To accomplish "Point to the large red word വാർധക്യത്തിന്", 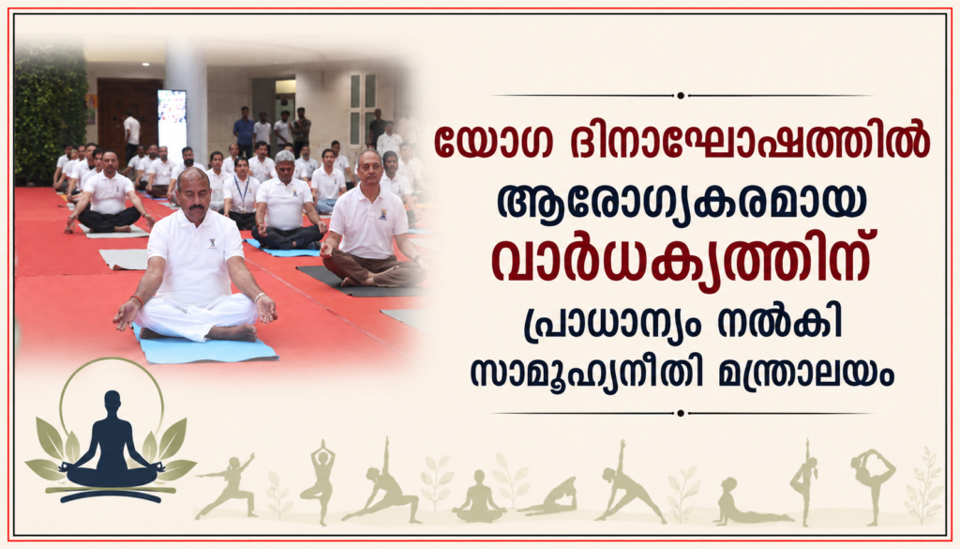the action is [x=681, y=266].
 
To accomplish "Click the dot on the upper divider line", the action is [x=681, y=96].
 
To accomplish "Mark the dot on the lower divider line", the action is [x=681, y=414].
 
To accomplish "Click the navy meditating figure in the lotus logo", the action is [x=112, y=444].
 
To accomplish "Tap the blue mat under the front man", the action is [x=205, y=348].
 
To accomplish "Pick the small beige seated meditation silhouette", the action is [x=479, y=496].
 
